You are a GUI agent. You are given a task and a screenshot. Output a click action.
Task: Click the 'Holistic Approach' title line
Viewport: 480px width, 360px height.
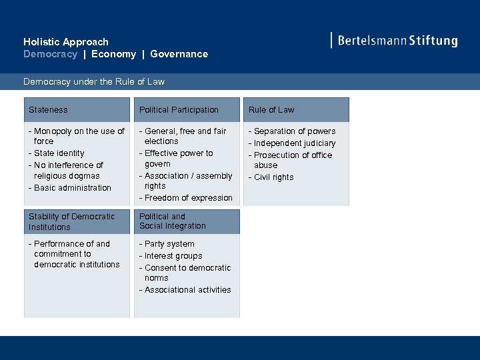point(66,42)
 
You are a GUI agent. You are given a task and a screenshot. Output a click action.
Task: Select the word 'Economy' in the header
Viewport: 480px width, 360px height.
point(113,54)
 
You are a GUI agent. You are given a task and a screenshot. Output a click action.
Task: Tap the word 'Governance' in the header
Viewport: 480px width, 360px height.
point(179,54)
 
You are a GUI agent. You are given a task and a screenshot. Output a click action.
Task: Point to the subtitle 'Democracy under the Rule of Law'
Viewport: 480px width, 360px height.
point(94,82)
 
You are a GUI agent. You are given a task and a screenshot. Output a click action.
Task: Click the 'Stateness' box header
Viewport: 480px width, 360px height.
point(48,110)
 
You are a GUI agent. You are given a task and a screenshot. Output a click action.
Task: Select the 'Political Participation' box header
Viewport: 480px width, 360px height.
point(179,110)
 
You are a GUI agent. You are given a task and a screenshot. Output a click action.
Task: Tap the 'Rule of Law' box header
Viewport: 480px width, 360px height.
point(271,110)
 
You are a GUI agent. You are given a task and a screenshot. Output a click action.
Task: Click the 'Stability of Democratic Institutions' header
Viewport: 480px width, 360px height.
point(72,222)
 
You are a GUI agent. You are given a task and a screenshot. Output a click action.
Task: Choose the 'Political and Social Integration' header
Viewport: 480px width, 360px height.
point(173,221)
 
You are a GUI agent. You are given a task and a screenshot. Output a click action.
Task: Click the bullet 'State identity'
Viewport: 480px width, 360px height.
point(59,153)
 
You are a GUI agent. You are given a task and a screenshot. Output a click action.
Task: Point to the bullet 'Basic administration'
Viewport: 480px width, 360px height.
point(72,188)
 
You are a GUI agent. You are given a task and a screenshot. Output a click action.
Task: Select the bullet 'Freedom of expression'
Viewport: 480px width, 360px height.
point(188,198)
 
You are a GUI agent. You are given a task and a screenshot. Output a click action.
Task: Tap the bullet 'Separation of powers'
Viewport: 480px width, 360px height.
point(294,131)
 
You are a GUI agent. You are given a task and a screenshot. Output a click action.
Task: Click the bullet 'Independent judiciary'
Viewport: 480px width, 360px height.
point(294,143)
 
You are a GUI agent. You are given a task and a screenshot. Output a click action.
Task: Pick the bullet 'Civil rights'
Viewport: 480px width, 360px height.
point(273,177)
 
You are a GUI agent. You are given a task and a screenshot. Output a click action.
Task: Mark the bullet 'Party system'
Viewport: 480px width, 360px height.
point(169,244)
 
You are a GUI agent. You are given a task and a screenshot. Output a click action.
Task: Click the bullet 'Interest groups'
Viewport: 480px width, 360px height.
point(173,256)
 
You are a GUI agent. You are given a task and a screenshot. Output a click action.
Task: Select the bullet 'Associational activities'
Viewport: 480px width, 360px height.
point(187,290)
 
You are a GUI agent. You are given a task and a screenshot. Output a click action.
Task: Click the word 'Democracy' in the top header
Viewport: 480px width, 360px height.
point(50,54)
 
